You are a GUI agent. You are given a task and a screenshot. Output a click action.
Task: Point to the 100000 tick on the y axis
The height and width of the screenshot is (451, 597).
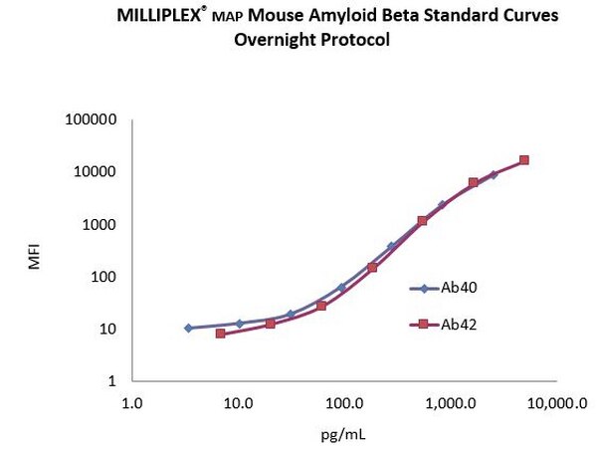pos(92,120)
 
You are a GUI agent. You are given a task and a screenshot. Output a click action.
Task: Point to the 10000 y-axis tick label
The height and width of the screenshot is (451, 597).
pos(97,172)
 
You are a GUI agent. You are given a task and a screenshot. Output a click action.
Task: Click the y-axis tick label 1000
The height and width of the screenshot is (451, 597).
pos(100,225)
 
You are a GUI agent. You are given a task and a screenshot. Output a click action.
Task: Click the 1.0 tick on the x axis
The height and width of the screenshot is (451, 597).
pos(131,404)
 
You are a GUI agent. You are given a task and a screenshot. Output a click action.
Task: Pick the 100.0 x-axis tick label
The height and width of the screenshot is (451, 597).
pos(343,404)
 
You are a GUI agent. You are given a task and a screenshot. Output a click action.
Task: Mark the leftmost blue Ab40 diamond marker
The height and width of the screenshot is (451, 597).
pos(188,328)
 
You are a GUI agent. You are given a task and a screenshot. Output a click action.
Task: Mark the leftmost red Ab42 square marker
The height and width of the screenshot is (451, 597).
pos(220,334)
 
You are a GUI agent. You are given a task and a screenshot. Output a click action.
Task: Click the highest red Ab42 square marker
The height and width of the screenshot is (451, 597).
pos(524,160)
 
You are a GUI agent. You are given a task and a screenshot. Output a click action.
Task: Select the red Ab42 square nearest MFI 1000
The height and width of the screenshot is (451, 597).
pos(423,220)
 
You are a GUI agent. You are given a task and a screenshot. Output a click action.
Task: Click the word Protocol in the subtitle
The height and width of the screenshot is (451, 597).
pos(353,41)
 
